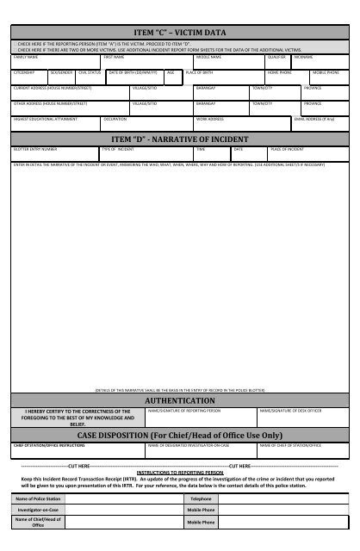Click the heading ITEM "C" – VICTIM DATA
[x=179, y=32]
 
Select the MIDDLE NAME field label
[x=208, y=57]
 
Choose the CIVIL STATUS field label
[x=90, y=72]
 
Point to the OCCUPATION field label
[x=115, y=118]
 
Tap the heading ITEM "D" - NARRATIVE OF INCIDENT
[x=179, y=139]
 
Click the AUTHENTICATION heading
[x=179, y=401]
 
